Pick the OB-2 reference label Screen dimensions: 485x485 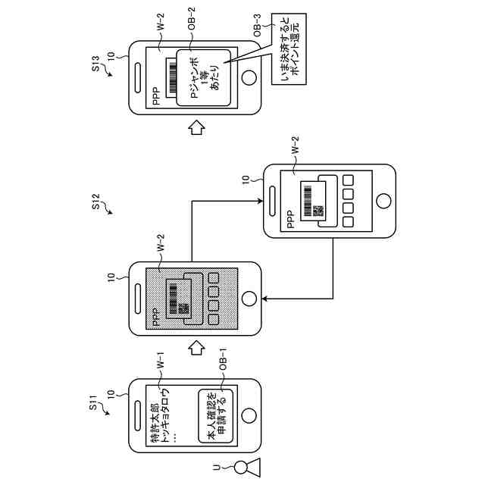click(192, 20)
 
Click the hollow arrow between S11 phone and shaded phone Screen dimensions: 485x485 click(196, 349)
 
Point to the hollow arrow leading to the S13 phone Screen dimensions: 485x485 click(196, 127)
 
